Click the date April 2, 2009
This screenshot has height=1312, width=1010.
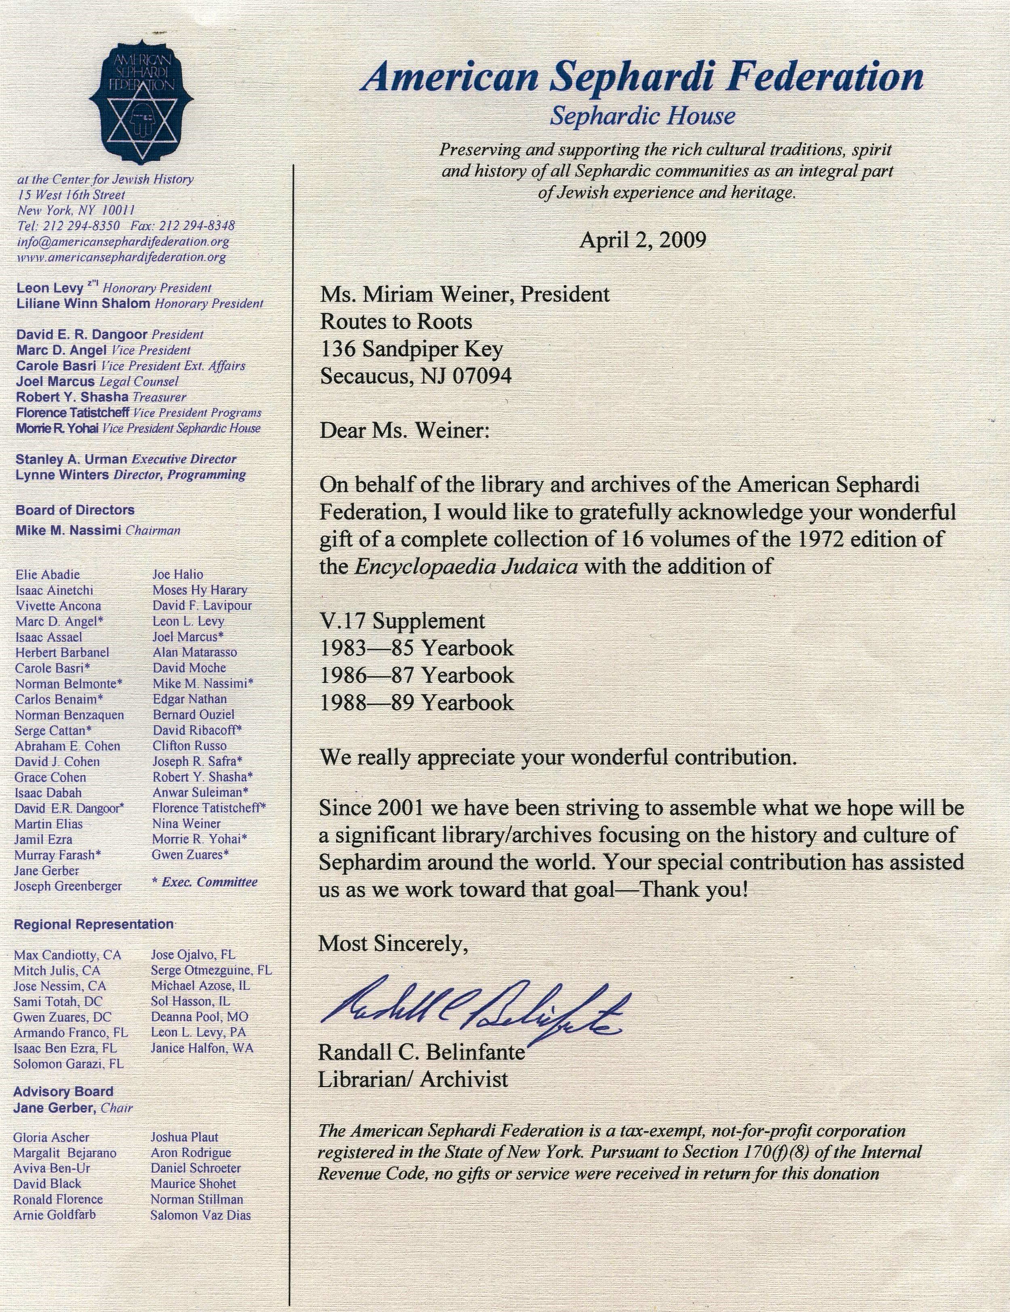click(642, 240)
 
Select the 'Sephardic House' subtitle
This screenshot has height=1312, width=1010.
click(642, 115)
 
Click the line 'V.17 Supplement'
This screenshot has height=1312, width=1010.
click(402, 620)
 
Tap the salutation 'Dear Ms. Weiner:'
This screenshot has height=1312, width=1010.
click(405, 431)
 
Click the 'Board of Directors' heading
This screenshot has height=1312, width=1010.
click(75, 510)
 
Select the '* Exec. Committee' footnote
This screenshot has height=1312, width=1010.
click(205, 882)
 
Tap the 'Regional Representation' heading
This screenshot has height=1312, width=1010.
click(94, 924)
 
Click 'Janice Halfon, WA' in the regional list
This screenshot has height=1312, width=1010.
click(202, 1048)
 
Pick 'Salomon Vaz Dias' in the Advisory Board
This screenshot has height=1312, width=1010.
click(201, 1215)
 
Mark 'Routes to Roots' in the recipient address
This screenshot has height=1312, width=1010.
click(396, 322)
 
